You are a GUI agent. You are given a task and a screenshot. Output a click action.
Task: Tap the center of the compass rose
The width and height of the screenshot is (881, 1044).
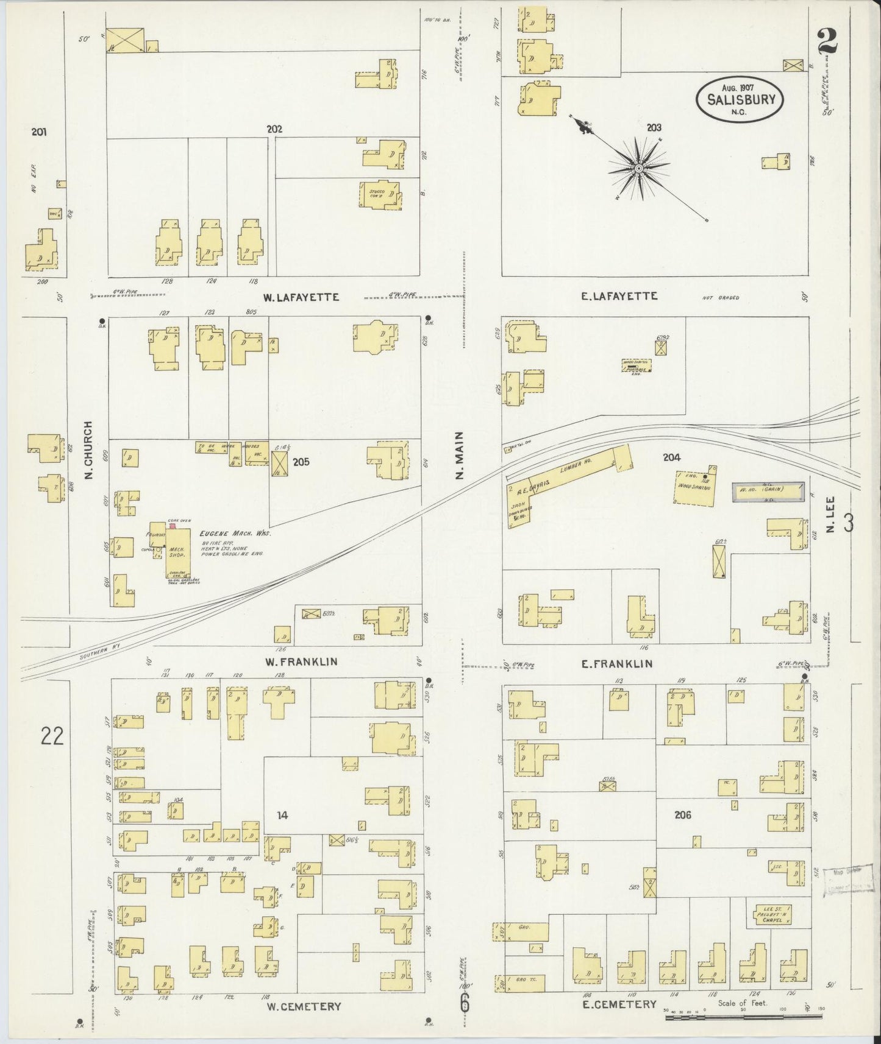point(638,168)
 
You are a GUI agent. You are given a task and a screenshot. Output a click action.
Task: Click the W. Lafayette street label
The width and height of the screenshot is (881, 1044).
point(301,297)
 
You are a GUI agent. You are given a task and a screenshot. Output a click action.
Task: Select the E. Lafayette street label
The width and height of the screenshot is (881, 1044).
point(619,296)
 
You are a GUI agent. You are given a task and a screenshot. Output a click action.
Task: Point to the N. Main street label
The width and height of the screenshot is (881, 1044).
point(460,455)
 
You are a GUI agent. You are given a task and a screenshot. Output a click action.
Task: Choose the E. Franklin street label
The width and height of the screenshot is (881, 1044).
point(617,664)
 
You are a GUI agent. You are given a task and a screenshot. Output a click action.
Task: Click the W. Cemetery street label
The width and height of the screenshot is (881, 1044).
point(304,1006)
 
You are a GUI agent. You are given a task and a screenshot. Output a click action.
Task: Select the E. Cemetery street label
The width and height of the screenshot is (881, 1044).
point(619,1004)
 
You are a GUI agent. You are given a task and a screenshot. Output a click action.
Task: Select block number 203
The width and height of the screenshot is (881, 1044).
point(654,128)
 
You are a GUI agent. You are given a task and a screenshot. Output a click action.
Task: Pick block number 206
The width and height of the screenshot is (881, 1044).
point(683,814)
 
